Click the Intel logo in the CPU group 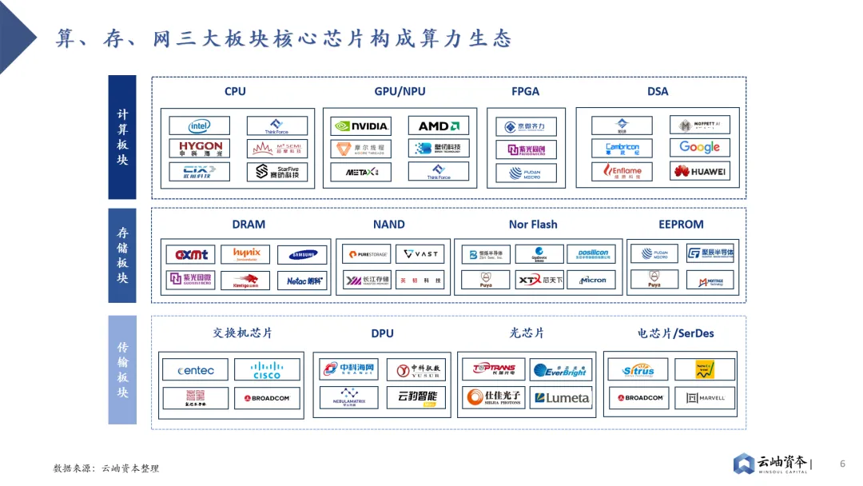[199, 126]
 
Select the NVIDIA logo [361, 126]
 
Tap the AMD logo [438, 126]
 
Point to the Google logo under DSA [699, 147]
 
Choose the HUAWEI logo [699, 171]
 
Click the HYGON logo [199, 149]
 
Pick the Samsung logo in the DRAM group [302, 255]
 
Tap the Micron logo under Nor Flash [591, 280]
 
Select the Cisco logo [267, 370]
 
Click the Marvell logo [705, 397]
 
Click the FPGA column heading [525, 91]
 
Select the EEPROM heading [681, 225]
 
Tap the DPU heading [382, 333]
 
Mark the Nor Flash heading [533, 225]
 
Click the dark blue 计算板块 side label [122, 137]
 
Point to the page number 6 [842, 464]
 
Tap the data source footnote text [106, 468]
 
